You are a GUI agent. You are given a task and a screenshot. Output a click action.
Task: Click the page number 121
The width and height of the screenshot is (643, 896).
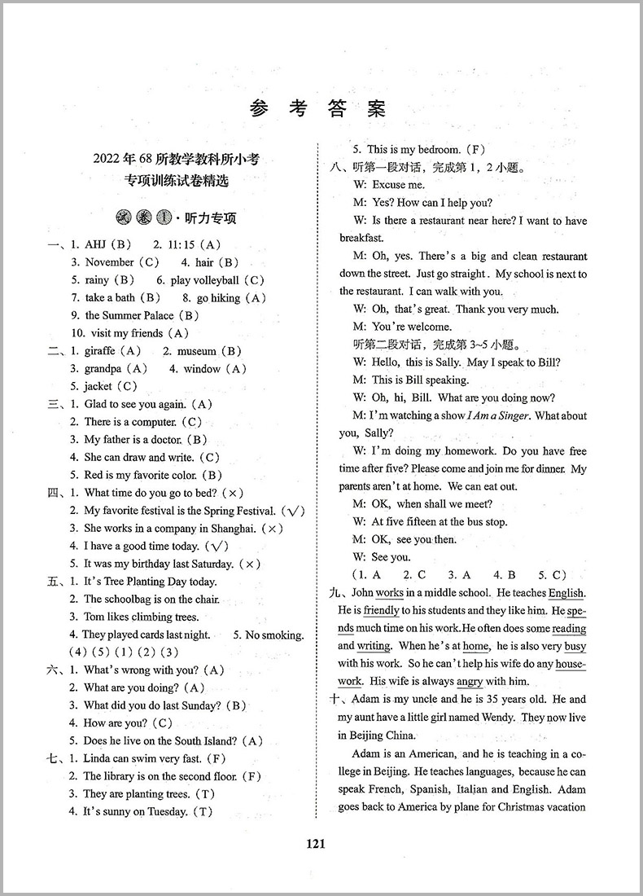click(x=317, y=844)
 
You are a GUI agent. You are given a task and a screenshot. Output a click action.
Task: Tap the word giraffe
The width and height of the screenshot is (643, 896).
click(x=101, y=351)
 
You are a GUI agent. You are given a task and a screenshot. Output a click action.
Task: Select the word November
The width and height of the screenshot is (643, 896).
click(x=109, y=262)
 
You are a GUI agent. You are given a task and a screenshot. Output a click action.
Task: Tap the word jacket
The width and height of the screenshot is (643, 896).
click(x=98, y=387)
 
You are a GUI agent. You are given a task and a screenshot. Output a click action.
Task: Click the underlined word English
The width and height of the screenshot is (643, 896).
click(x=566, y=593)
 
